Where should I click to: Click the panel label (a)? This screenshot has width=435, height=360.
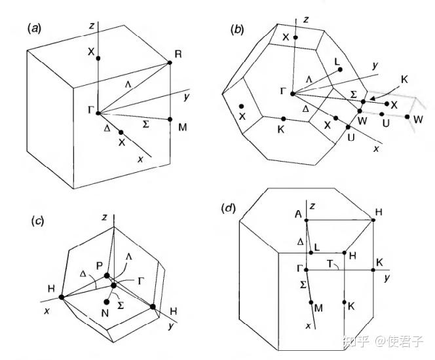[33, 28]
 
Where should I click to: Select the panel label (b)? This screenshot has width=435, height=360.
[238, 29]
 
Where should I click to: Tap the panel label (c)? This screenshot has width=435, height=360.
[37, 220]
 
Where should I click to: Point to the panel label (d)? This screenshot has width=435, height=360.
[231, 209]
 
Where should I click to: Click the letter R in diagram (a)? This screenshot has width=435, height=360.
[178, 52]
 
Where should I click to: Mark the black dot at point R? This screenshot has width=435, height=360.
[170, 62]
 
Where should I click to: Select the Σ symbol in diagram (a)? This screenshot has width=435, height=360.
[147, 122]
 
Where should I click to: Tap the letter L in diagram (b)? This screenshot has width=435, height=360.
[337, 62]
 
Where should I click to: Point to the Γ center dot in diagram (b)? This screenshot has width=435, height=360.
[293, 93]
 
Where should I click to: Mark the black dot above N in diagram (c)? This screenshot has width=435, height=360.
[107, 302]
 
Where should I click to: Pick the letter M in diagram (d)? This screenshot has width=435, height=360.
[318, 307]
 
